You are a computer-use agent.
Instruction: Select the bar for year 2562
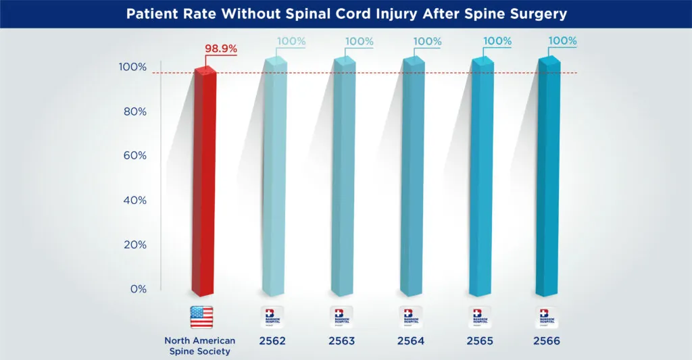coord(275,182)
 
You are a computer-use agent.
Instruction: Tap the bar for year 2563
coord(344,182)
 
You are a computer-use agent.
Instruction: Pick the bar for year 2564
coord(413,182)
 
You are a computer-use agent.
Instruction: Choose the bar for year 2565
coord(482,182)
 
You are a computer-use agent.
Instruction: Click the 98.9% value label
coord(220,49)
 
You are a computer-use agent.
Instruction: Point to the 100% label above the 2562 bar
coord(291,41)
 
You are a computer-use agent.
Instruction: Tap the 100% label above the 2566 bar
coord(562,41)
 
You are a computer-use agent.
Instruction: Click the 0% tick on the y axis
coord(137,289)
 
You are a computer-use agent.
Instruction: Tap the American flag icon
coord(201,317)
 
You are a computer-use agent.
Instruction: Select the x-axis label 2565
coord(478,341)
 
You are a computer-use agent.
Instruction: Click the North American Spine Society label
coord(201,346)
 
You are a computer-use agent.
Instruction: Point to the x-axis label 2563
coord(341,341)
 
